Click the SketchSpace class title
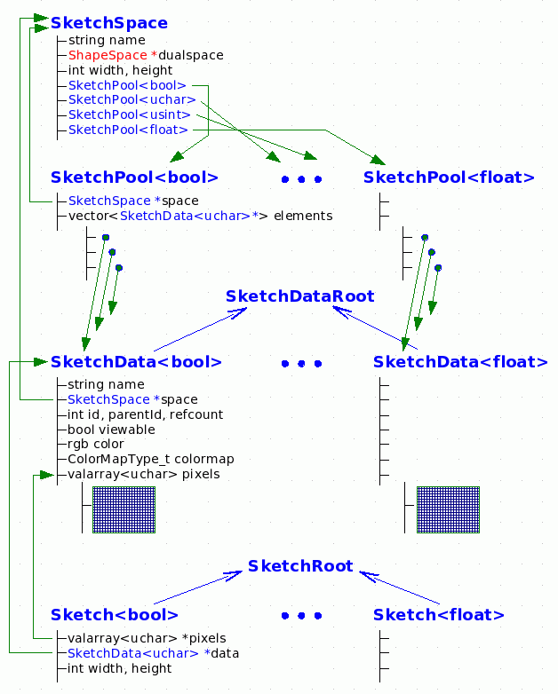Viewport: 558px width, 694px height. click(x=108, y=23)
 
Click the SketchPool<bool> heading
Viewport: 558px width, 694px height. click(x=134, y=177)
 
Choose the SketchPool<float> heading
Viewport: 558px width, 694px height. click(x=449, y=177)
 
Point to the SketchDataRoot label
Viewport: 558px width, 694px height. click(x=299, y=296)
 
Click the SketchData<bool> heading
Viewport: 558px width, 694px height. click(x=136, y=362)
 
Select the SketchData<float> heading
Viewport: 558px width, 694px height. click(x=460, y=362)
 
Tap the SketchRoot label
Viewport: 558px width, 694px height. click(x=300, y=566)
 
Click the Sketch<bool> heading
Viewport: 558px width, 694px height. click(x=115, y=615)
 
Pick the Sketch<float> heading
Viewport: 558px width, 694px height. click(x=439, y=615)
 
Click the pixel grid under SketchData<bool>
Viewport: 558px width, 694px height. click(x=124, y=509)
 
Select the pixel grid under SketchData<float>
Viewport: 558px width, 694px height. click(x=448, y=509)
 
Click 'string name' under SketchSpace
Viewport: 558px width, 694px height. click(x=106, y=40)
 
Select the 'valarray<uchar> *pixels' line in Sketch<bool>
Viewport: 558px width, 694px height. click(x=147, y=638)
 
